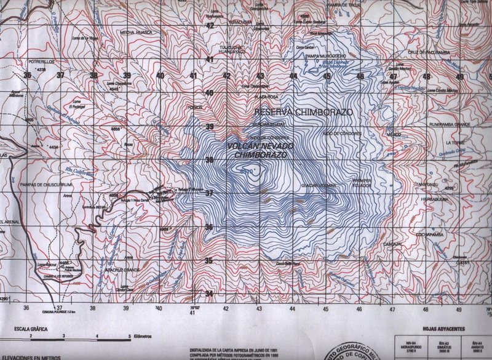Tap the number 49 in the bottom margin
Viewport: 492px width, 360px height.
tap(459, 308)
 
